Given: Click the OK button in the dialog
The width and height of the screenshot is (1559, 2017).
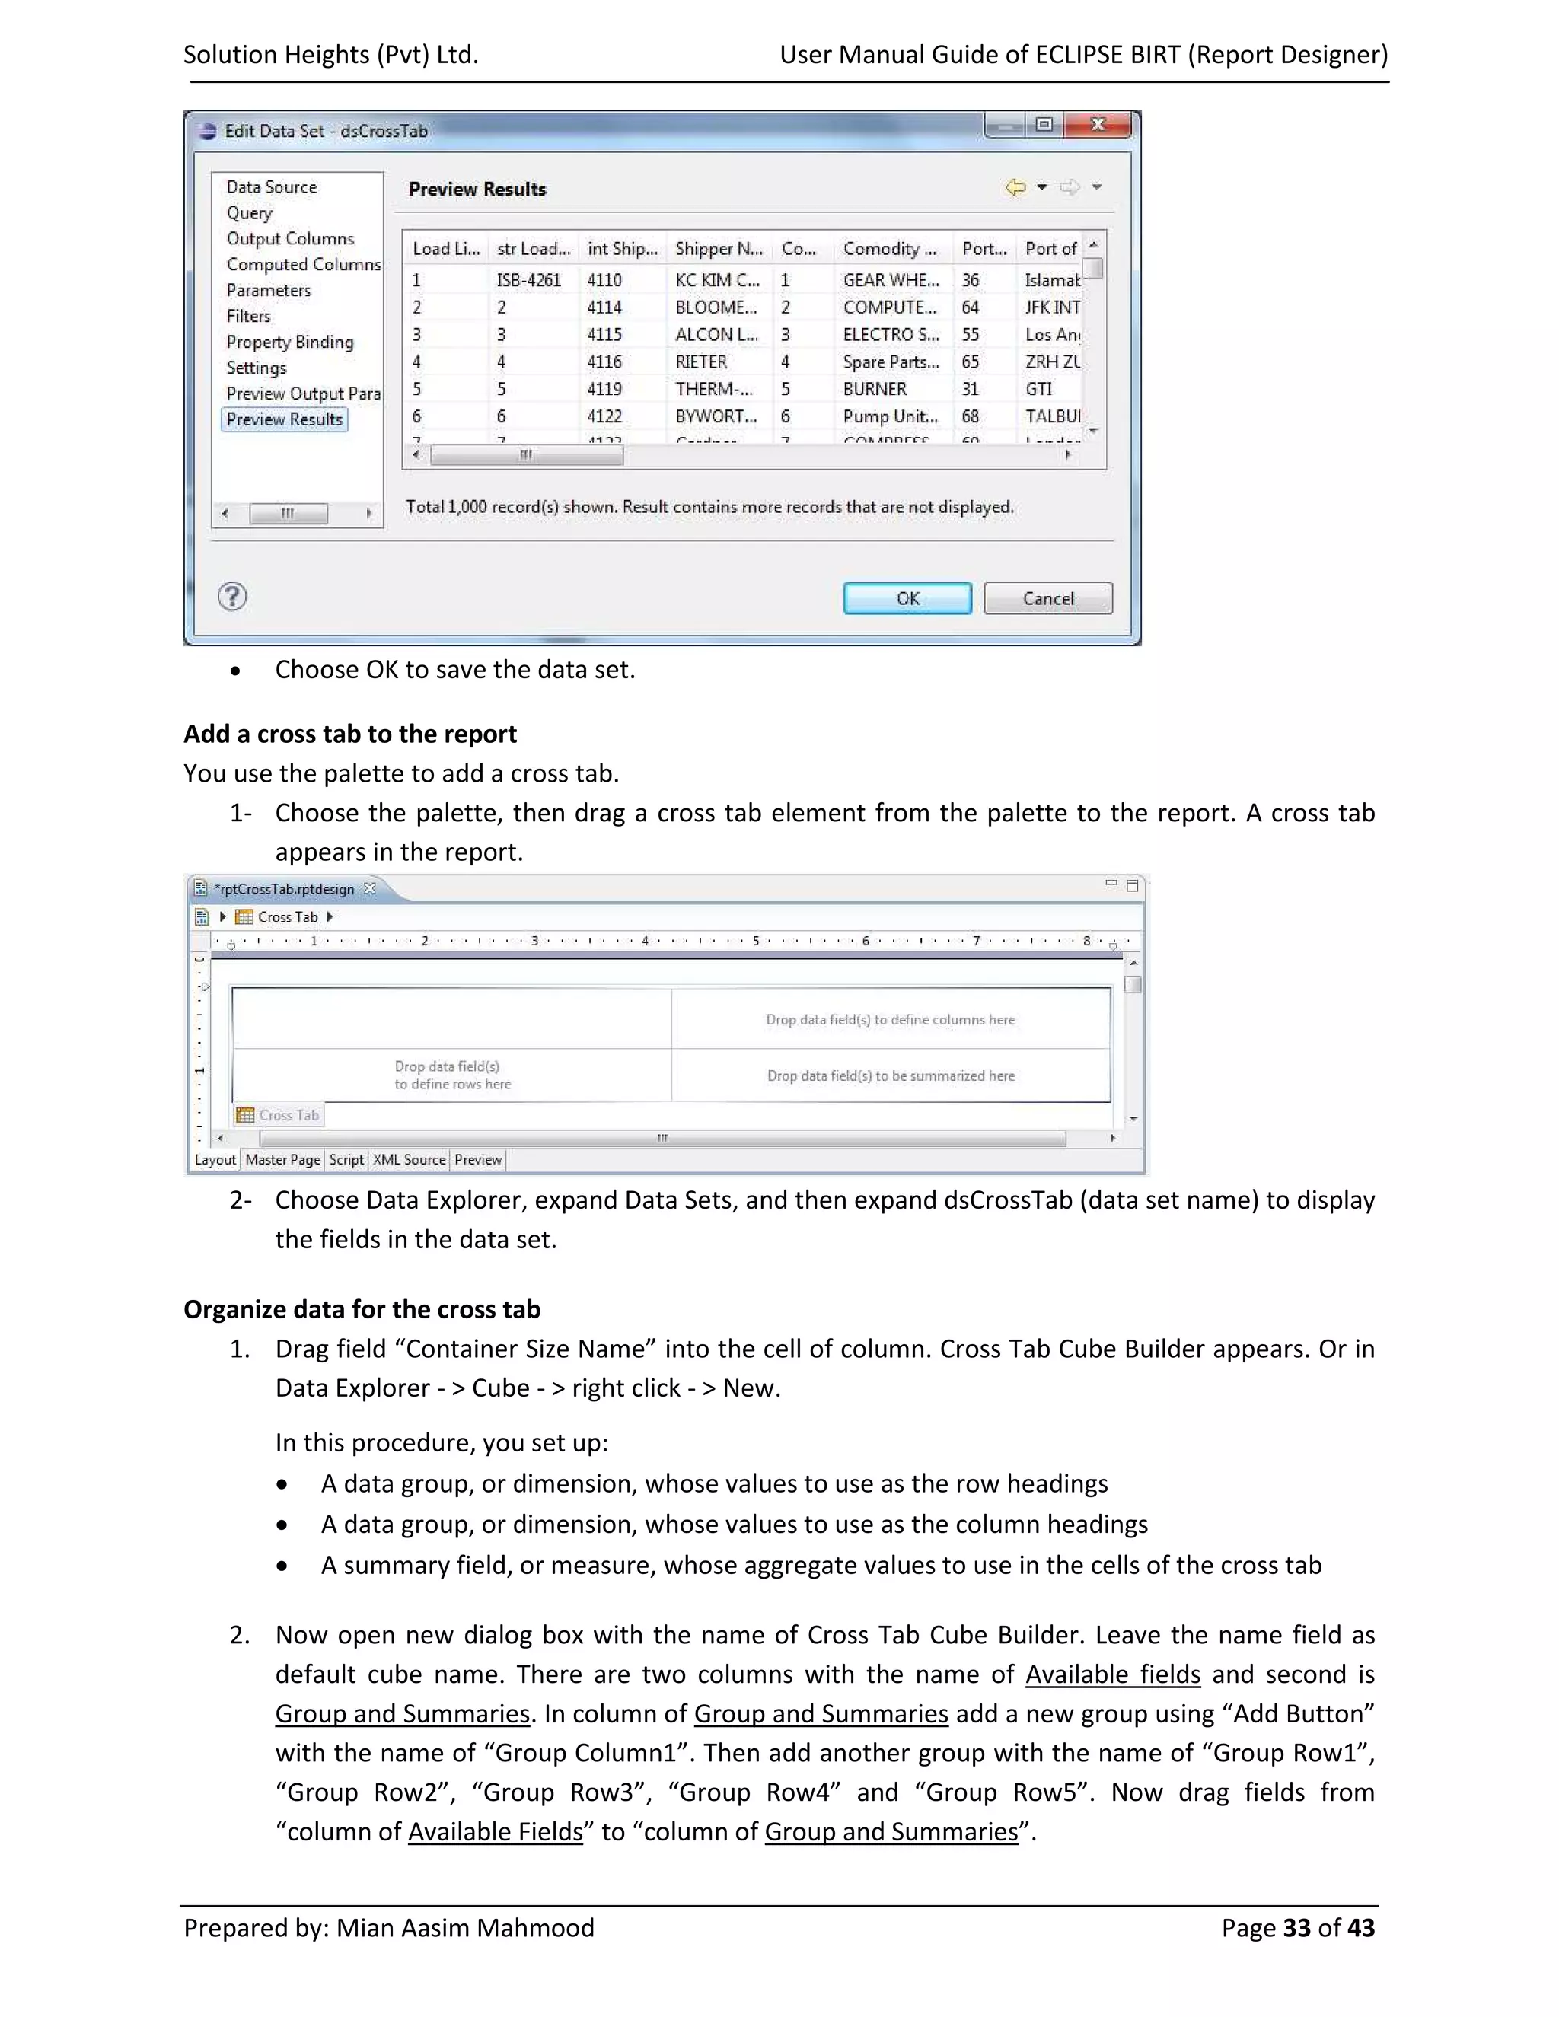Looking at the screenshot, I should (907, 598).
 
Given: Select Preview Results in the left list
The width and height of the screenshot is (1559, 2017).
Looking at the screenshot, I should (285, 419).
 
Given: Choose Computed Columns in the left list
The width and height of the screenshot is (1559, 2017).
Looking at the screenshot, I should (303, 264).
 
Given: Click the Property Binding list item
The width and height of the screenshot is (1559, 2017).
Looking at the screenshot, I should (289, 342).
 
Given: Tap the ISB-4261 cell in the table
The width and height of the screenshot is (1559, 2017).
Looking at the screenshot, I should (528, 280).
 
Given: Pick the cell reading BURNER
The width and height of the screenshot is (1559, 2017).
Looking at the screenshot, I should (875, 389).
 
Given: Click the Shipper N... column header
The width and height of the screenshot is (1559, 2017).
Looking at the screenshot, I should (719, 248).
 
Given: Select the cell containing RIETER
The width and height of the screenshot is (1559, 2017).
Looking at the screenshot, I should (701, 362).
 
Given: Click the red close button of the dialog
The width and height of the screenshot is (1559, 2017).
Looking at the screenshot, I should (1097, 125).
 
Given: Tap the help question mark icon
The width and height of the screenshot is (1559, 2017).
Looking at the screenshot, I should (232, 597).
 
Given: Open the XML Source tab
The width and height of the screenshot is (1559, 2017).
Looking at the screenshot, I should (409, 1160).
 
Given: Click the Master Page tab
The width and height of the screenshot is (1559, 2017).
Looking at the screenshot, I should (282, 1160).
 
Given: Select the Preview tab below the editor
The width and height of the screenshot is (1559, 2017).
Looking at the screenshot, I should (477, 1160).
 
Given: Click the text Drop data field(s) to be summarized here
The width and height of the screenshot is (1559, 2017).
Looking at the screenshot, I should (891, 1076).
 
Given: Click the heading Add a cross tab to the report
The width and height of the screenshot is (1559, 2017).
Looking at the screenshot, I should (350, 734).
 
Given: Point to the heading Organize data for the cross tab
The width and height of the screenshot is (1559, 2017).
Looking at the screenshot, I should (362, 1310).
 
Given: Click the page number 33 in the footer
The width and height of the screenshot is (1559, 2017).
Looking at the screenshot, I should (1296, 1929).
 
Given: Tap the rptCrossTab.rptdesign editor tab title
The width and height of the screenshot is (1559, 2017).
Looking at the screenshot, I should (285, 889).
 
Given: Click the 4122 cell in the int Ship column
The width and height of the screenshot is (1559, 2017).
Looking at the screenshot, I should (604, 416).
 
